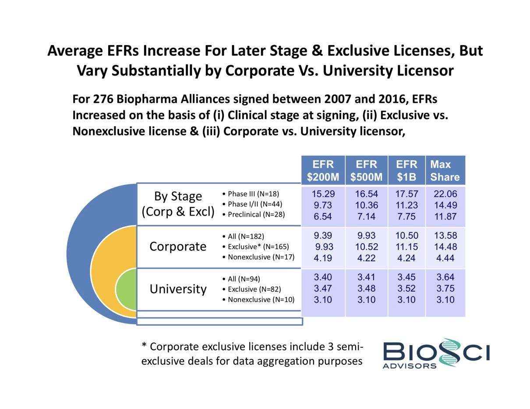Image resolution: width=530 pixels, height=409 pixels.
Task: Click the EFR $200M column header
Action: (x=323, y=171)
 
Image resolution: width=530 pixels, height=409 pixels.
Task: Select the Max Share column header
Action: (x=445, y=171)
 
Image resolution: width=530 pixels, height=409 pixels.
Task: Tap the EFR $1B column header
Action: (x=406, y=171)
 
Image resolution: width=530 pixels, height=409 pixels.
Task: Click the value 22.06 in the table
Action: (x=445, y=194)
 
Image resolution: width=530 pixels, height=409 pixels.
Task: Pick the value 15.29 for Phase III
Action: (x=323, y=194)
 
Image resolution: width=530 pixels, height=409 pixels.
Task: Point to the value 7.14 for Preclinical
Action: (x=367, y=217)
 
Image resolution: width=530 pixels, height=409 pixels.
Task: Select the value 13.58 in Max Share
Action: (x=445, y=237)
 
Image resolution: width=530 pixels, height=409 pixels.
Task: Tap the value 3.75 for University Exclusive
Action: (x=445, y=289)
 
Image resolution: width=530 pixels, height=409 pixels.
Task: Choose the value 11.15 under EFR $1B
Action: (x=406, y=247)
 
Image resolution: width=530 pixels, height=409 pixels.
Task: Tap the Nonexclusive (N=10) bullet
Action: (x=258, y=300)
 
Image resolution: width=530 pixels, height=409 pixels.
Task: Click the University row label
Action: (x=178, y=289)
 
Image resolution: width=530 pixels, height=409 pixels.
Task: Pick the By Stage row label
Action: (x=178, y=196)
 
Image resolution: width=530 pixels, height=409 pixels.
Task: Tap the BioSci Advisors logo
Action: (x=436, y=353)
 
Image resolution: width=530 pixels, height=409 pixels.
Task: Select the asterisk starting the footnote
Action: (x=144, y=347)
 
